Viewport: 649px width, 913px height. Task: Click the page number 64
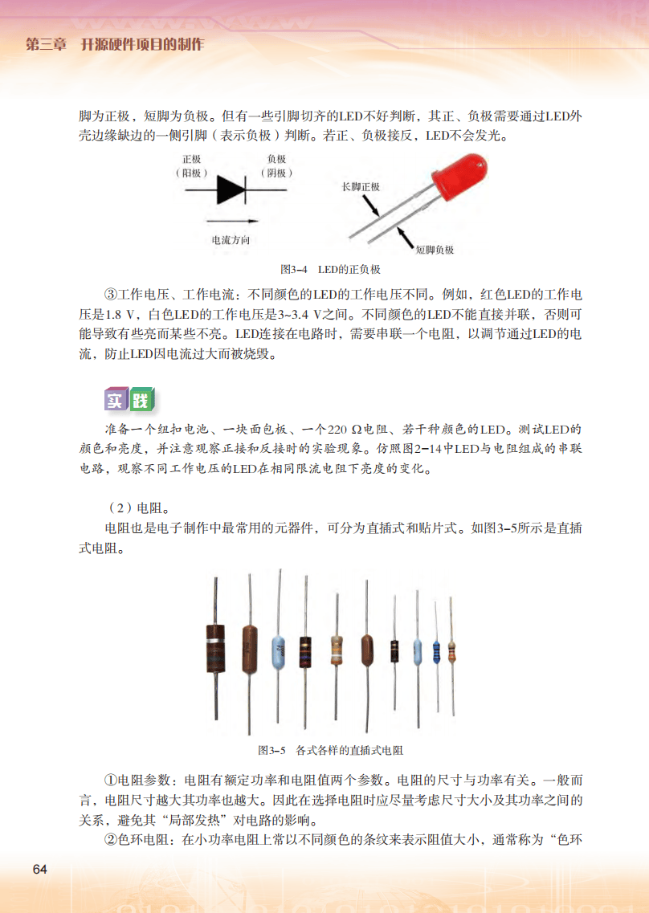(x=41, y=870)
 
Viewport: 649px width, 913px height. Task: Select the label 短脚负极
(x=435, y=250)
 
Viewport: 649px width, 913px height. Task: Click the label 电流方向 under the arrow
(x=231, y=239)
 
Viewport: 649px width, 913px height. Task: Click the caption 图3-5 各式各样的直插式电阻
(x=330, y=750)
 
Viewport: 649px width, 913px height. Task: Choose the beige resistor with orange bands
(x=336, y=648)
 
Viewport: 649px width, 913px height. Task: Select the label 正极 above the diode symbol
(x=192, y=160)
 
